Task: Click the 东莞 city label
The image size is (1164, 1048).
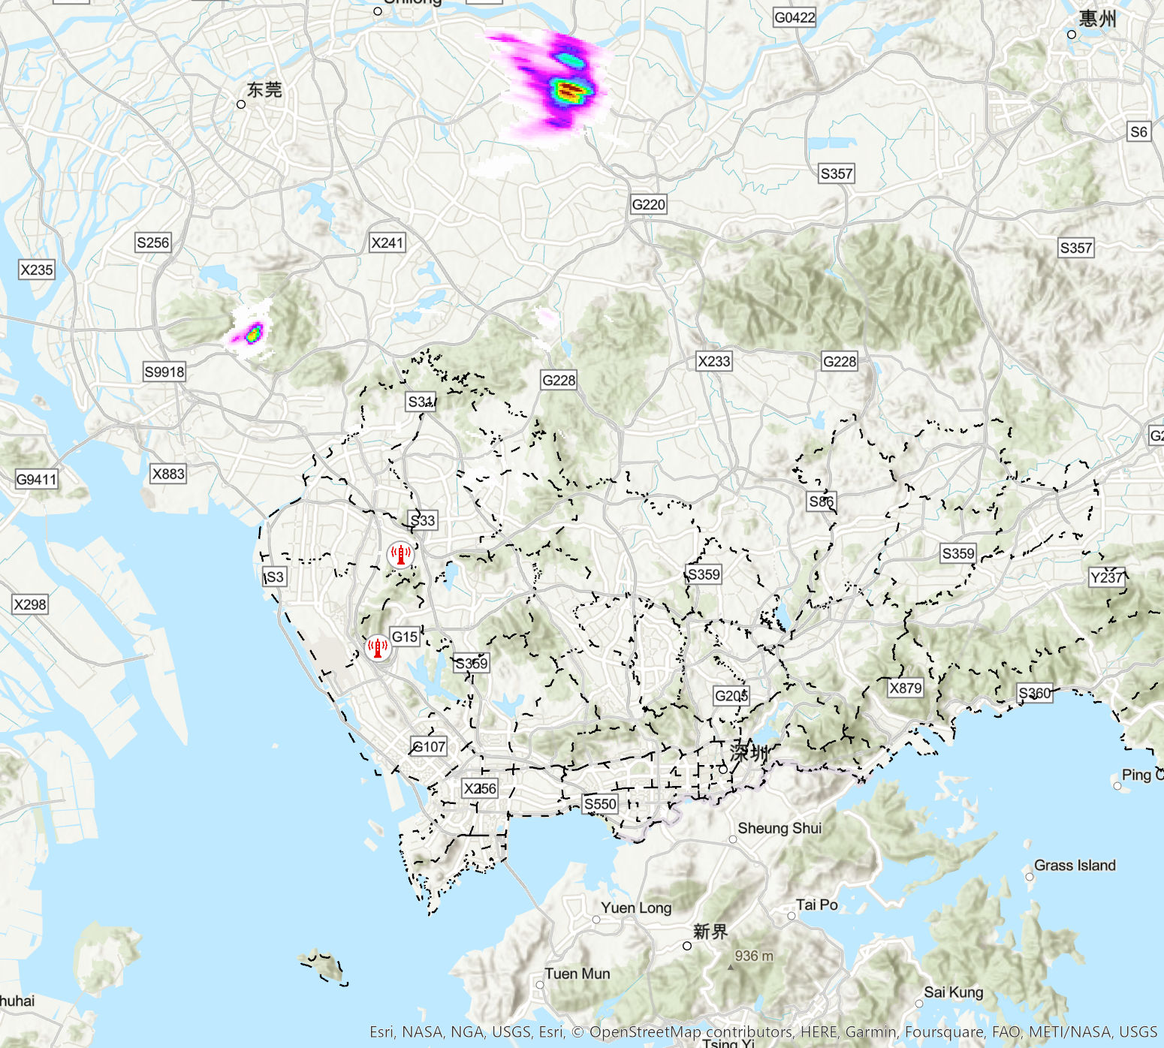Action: pyautogui.click(x=264, y=90)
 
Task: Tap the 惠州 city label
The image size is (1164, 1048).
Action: pyautogui.click(x=1097, y=19)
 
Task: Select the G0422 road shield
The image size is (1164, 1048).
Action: pyautogui.click(x=794, y=17)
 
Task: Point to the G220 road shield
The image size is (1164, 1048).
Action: pyautogui.click(x=648, y=204)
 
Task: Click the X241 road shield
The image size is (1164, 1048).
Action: pyautogui.click(x=387, y=242)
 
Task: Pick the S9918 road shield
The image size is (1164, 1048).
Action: pyautogui.click(x=164, y=372)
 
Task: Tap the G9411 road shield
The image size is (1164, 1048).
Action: pyautogui.click(x=36, y=479)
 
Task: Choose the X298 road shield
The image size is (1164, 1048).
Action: pyautogui.click(x=30, y=604)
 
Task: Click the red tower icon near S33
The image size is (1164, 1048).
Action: pyautogui.click(x=400, y=556)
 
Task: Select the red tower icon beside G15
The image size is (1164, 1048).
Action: pyautogui.click(x=378, y=646)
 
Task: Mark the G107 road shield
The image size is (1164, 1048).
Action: pyautogui.click(x=430, y=746)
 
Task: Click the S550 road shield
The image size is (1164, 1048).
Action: pyautogui.click(x=600, y=804)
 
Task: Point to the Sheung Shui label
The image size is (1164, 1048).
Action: pyautogui.click(x=780, y=828)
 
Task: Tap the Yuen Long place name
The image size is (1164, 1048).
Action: pyautogui.click(x=636, y=908)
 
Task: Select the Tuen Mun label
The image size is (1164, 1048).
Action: pyautogui.click(x=577, y=974)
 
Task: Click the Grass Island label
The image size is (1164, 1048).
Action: pyautogui.click(x=1075, y=866)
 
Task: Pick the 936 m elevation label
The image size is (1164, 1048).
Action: pyautogui.click(x=753, y=956)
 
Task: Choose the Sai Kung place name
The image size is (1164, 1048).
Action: pyautogui.click(x=953, y=992)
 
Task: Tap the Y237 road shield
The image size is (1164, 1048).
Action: pyautogui.click(x=1107, y=577)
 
